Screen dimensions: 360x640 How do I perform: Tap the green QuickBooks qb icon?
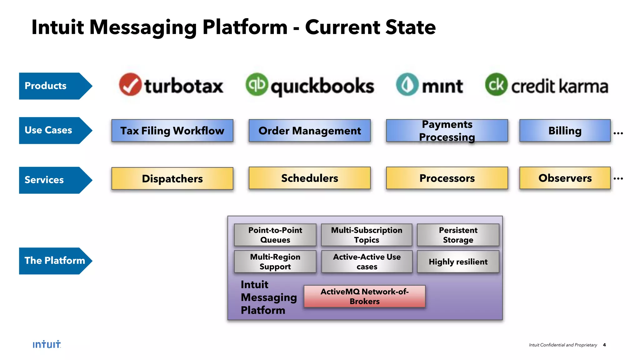coord(257,84)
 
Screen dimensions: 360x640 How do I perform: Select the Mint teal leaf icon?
coord(407,84)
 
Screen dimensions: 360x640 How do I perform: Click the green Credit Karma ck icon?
coord(496,84)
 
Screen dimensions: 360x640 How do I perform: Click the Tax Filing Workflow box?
coord(172,131)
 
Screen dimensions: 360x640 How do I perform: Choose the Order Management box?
coord(309,131)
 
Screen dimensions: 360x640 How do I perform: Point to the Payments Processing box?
coord(447,131)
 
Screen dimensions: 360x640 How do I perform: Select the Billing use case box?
coord(565,131)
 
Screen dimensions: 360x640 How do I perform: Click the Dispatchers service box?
coord(172,178)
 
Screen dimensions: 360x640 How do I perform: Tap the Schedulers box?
coord(309,178)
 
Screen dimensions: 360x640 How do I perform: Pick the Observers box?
coord(565,178)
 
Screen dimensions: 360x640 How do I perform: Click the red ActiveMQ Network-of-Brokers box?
coord(364,296)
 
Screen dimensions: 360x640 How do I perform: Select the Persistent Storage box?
coord(458,235)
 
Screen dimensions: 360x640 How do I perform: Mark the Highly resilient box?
coord(458,262)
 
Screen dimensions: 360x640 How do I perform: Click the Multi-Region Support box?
coord(275,262)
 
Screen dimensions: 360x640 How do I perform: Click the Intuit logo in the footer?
coord(47,344)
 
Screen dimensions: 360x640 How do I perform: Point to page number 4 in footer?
coord(604,345)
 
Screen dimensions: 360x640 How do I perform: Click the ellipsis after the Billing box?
coord(618,133)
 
